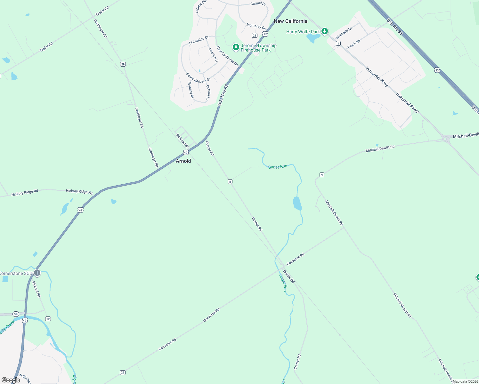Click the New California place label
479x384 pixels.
coord(290,21)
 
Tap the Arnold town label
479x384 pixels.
coord(183,161)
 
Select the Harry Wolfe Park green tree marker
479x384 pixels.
coord(325,31)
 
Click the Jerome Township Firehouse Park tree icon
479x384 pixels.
coord(236,47)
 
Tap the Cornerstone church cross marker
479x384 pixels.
coord(37,273)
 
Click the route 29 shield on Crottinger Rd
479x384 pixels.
coord(123,64)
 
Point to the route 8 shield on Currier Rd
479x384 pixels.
coord(230,182)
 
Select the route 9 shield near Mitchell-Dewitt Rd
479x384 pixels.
coord(322,175)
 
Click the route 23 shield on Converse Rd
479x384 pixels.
coord(123,372)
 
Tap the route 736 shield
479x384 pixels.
coord(16,314)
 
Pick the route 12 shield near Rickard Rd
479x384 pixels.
coord(48,319)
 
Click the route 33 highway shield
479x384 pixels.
coord(437,70)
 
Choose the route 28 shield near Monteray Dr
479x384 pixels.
coord(255,35)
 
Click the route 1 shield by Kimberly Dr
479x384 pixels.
coord(338,43)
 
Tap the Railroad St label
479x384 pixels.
coord(182,141)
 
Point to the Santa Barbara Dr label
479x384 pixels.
coord(198,78)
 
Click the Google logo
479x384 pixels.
coord(11,380)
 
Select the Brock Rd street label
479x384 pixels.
coord(354,44)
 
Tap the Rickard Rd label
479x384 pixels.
coord(37,289)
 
